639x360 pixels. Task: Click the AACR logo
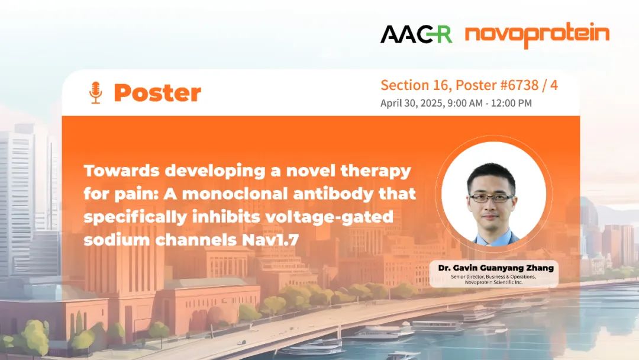pyautogui.click(x=416, y=34)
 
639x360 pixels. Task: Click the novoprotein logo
pyautogui.click(x=537, y=35)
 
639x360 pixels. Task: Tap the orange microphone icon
pyautogui.click(x=95, y=92)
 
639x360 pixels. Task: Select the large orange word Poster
pyautogui.click(x=158, y=92)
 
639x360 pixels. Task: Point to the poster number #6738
pyautogui.click(x=519, y=85)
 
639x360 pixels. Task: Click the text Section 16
pyautogui.click(x=415, y=85)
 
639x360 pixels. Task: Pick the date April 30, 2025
pyautogui.click(x=411, y=103)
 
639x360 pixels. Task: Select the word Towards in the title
pyautogui.click(x=121, y=171)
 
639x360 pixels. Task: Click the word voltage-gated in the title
pyautogui.click(x=329, y=217)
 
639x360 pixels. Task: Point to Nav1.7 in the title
pyautogui.click(x=270, y=240)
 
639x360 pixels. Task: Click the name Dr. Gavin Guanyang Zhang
pyautogui.click(x=496, y=268)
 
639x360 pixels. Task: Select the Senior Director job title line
pyautogui.click(x=493, y=277)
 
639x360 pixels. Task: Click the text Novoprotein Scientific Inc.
pyautogui.click(x=493, y=282)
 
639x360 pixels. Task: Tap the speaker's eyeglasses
pyautogui.click(x=492, y=198)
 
